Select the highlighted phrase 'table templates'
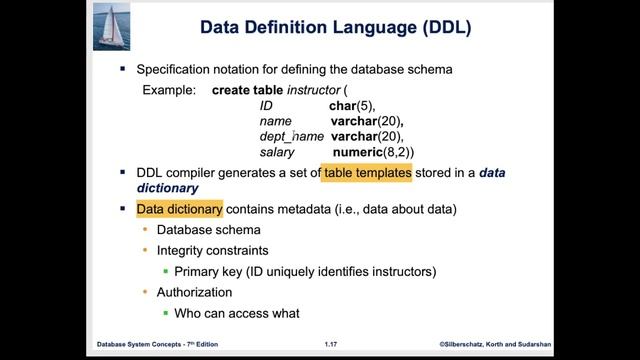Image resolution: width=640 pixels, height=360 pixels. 367,173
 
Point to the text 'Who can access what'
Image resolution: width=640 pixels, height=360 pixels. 236,313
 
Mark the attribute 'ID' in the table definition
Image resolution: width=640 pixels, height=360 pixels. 266,105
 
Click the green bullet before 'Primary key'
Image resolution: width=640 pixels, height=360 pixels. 164,272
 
